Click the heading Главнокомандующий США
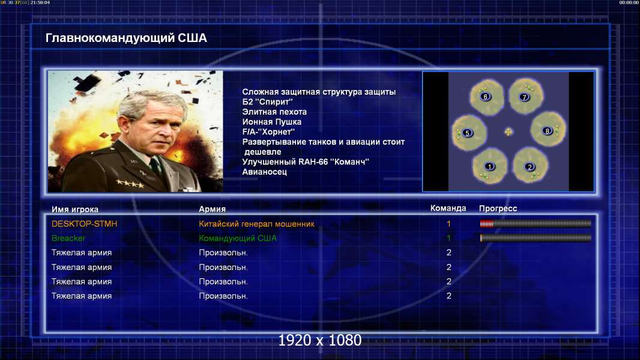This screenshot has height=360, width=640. point(126,38)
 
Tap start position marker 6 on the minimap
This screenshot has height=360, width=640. point(485,97)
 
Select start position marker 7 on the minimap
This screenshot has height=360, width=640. point(525,97)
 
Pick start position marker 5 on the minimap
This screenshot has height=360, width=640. point(468,133)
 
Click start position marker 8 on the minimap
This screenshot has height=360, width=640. point(548,131)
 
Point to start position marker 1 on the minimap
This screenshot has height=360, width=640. point(489,166)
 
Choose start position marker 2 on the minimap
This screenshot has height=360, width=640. point(530,167)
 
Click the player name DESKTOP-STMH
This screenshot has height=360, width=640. point(84,224)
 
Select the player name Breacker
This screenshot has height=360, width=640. point(68,238)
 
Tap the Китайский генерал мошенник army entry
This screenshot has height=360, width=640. point(256,224)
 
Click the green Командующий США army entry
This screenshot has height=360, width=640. point(238,238)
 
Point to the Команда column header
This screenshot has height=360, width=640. point(448,208)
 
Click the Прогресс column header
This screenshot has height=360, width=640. point(498,209)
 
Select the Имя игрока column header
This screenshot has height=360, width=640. point(74,209)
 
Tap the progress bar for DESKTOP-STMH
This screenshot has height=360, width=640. point(536,223)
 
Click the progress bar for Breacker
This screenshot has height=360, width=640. point(536,238)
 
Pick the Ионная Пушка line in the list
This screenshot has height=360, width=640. point(271,122)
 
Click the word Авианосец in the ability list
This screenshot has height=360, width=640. point(265,172)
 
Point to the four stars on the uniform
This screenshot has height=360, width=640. point(130,184)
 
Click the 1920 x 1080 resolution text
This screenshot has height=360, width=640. point(319,340)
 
